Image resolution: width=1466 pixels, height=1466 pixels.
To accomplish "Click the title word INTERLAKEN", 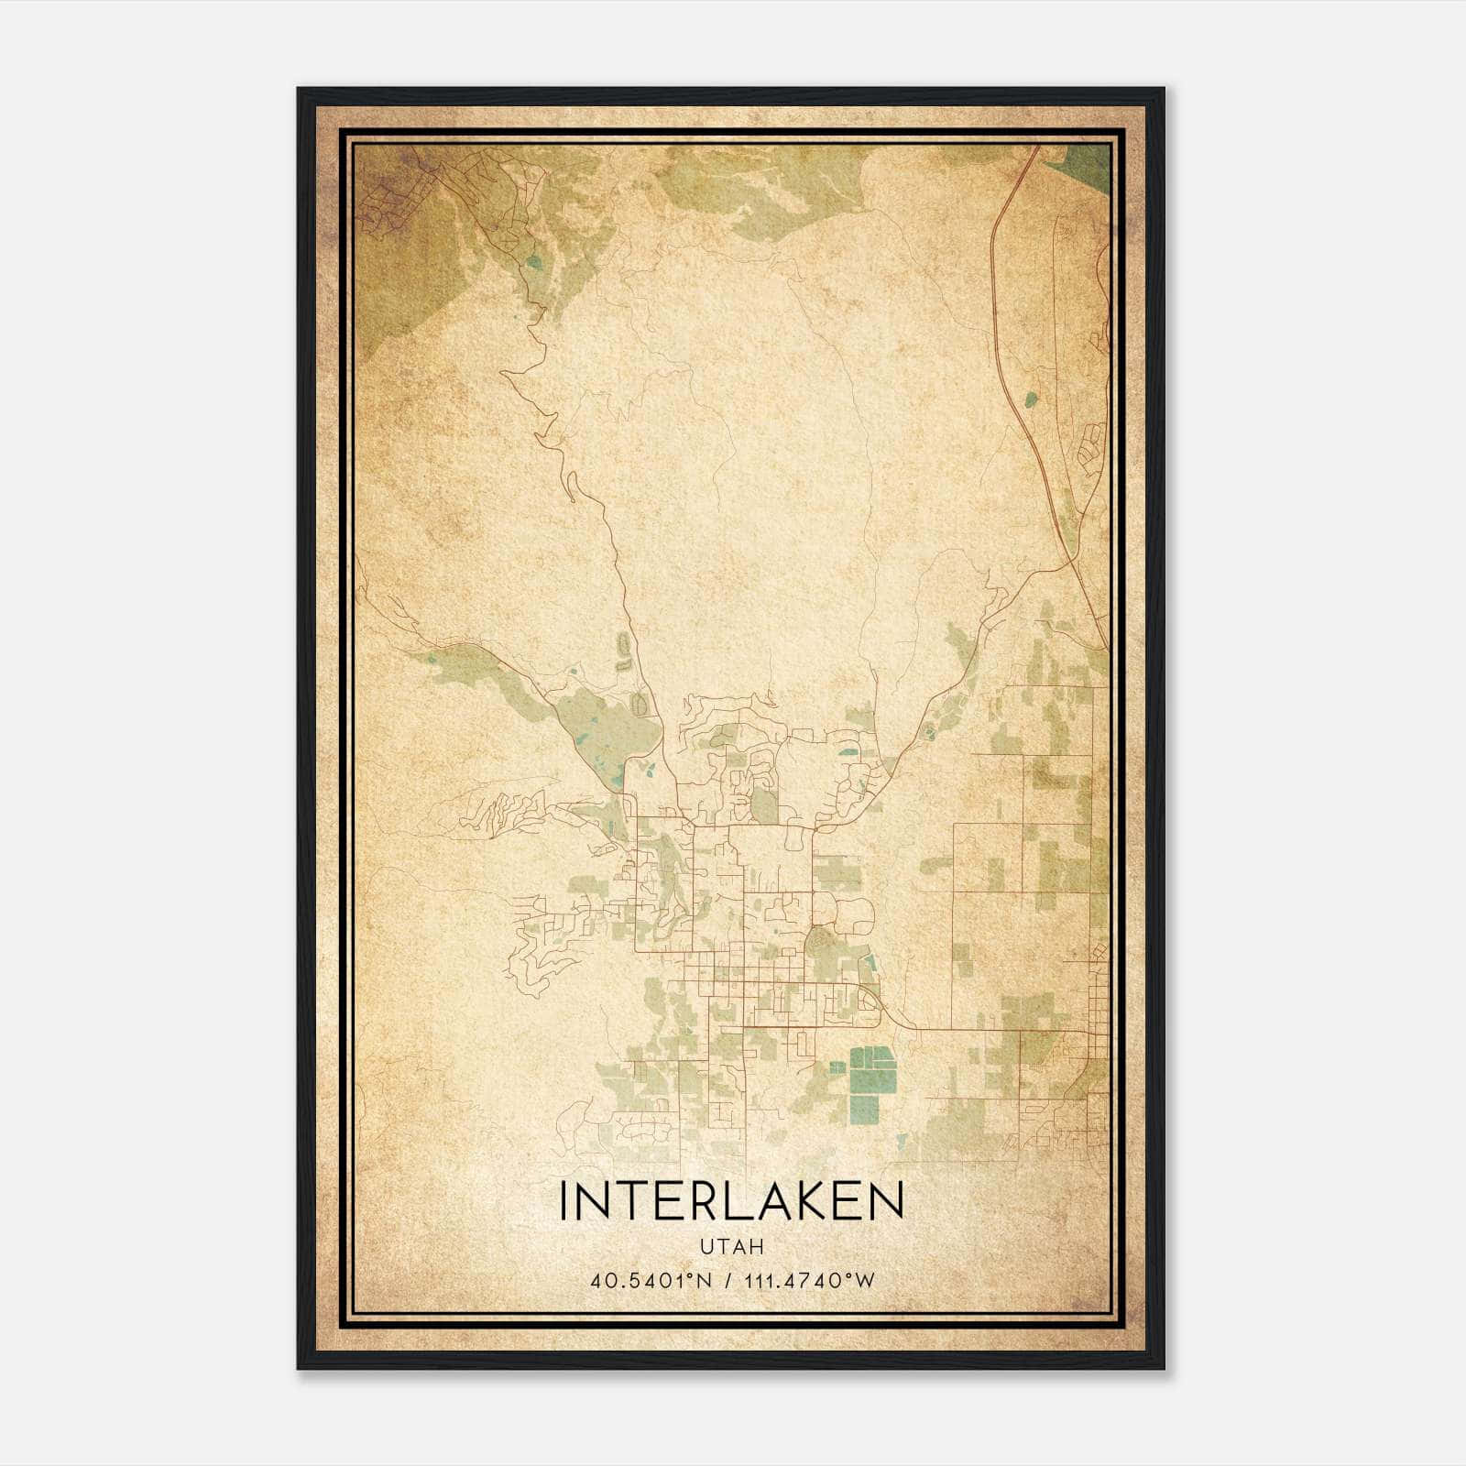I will [x=731, y=1201].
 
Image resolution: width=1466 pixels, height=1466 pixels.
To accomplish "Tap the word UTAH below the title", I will [x=731, y=1246].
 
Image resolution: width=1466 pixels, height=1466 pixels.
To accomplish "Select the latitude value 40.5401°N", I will [x=651, y=1279].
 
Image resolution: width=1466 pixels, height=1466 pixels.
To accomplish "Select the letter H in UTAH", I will [x=757, y=1246].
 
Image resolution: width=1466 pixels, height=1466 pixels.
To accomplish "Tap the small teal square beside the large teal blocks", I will [x=836, y=1067].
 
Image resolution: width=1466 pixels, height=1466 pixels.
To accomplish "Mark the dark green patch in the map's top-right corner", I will [x=1086, y=165].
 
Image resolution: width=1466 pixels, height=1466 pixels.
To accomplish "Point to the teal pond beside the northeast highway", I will [x=1032, y=399].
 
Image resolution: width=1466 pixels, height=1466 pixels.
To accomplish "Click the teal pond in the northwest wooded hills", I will [x=533, y=262].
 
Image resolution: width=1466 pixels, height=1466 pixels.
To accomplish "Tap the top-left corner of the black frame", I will [x=300, y=90].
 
